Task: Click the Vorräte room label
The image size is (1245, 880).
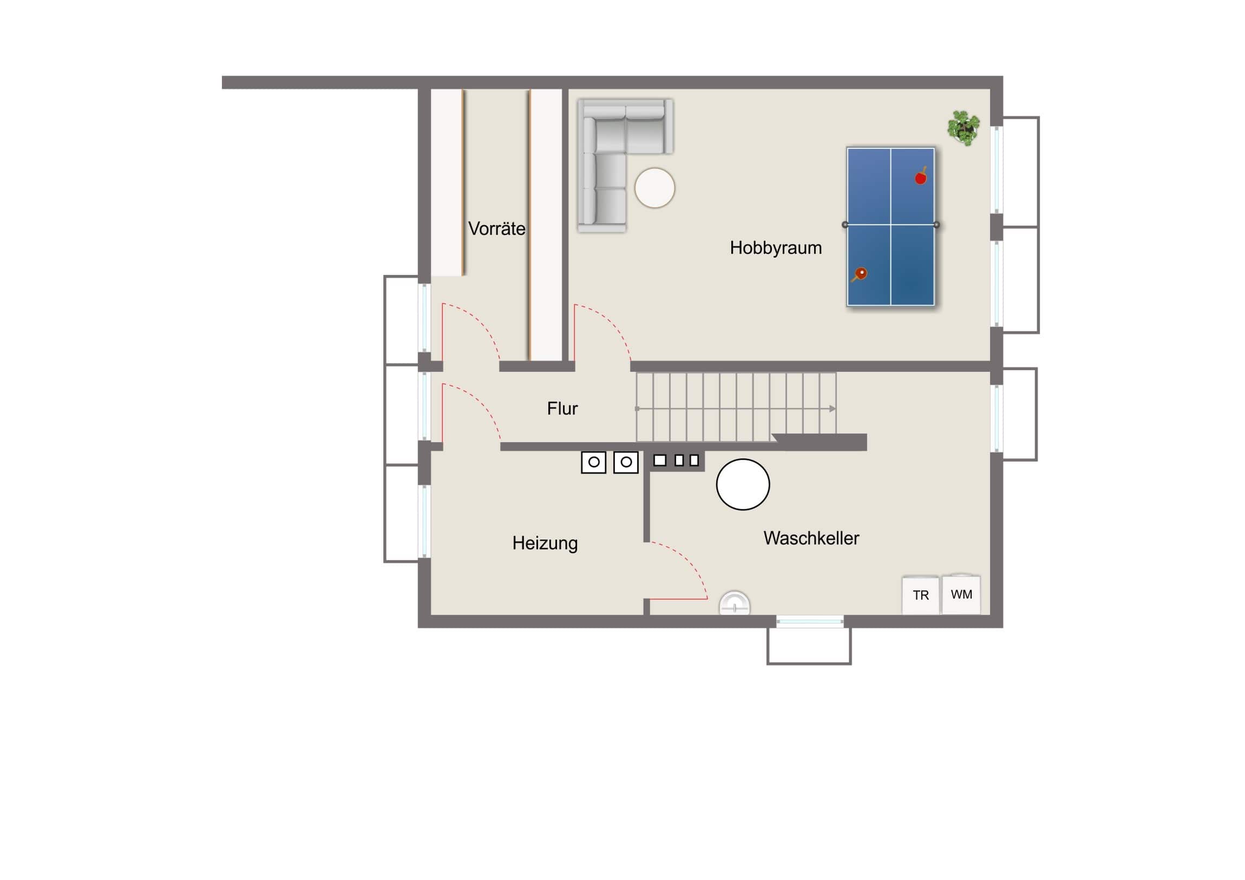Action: click(497, 229)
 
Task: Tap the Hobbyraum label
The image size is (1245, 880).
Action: click(775, 248)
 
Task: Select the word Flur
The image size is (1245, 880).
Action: click(562, 408)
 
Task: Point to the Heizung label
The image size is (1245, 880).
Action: click(545, 543)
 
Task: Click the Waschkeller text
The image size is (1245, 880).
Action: click(811, 538)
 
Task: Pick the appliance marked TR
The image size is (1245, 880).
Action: click(920, 595)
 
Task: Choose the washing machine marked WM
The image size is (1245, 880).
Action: click(961, 594)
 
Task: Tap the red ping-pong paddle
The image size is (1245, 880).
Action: click(921, 176)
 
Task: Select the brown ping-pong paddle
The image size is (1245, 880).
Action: click(859, 274)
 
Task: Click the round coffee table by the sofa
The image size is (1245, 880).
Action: click(654, 188)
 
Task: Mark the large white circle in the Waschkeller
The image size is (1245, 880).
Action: click(743, 484)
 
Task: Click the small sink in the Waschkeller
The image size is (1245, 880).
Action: click(734, 603)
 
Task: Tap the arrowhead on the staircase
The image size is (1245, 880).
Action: click(833, 408)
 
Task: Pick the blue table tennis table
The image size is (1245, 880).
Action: click(890, 227)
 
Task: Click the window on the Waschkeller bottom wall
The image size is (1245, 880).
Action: click(810, 622)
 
